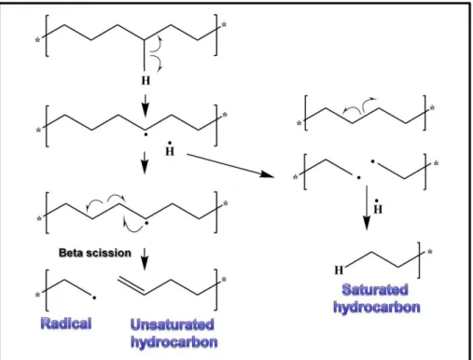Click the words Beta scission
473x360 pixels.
(95, 253)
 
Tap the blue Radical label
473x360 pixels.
(66, 324)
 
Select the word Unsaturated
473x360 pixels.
(173, 325)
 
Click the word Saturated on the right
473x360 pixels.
(375, 290)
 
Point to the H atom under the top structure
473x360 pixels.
(146, 81)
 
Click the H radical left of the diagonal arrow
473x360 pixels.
(170, 149)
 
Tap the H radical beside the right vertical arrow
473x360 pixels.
(378, 207)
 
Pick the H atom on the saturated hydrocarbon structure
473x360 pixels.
(339, 270)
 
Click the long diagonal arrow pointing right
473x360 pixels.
(230, 166)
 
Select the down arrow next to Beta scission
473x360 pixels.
(145, 259)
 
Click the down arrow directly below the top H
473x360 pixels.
(146, 105)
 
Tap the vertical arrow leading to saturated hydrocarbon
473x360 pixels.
(367, 208)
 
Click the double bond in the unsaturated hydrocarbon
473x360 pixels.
(132, 284)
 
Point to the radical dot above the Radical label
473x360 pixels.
(94, 298)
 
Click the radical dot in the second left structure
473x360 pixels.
(146, 135)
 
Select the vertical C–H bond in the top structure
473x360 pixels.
(145, 55)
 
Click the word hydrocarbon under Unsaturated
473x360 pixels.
(174, 342)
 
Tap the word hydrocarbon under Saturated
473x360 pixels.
(377, 307)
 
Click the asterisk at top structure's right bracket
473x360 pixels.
(224, 25)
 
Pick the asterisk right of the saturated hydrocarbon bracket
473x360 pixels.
(430, 252)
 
